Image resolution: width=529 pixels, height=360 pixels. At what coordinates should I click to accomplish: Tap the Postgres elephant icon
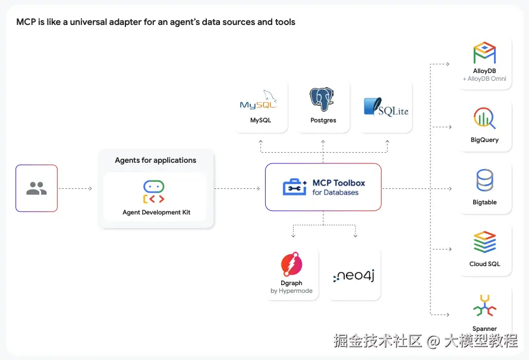coord(323,99)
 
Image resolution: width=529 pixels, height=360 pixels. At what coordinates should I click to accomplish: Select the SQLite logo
coord(386,107)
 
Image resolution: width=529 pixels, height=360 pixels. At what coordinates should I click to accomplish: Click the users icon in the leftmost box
coord(36,188)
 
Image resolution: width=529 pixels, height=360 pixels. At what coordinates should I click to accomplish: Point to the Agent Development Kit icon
coord(154,191)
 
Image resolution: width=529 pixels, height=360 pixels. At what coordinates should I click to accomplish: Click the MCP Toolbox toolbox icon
coord(295,188)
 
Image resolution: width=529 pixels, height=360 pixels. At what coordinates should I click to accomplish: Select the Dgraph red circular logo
coord(291,264)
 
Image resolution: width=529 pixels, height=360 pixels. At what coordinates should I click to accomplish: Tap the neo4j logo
coord(354,274)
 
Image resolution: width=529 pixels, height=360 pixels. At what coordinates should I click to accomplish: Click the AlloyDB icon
coord(484,53)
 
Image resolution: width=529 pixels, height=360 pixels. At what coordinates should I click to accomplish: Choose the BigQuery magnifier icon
coord(484,119)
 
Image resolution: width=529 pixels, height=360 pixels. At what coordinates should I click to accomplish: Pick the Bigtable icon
coord(484,180)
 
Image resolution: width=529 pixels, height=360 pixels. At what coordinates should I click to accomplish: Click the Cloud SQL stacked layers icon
coord(484,242)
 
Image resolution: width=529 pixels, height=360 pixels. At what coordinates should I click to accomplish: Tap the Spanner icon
coord(484,305)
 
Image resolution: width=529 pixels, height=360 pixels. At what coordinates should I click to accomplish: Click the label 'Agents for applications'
coord(156,160)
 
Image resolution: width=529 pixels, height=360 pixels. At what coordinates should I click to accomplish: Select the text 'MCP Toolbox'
coord(339,183)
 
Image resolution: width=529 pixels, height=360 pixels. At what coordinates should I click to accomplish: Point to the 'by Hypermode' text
coord(291,291)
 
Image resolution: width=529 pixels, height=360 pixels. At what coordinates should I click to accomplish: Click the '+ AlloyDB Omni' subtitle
coord(484,79)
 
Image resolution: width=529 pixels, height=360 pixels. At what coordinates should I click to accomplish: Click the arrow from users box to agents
coord(75,189)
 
